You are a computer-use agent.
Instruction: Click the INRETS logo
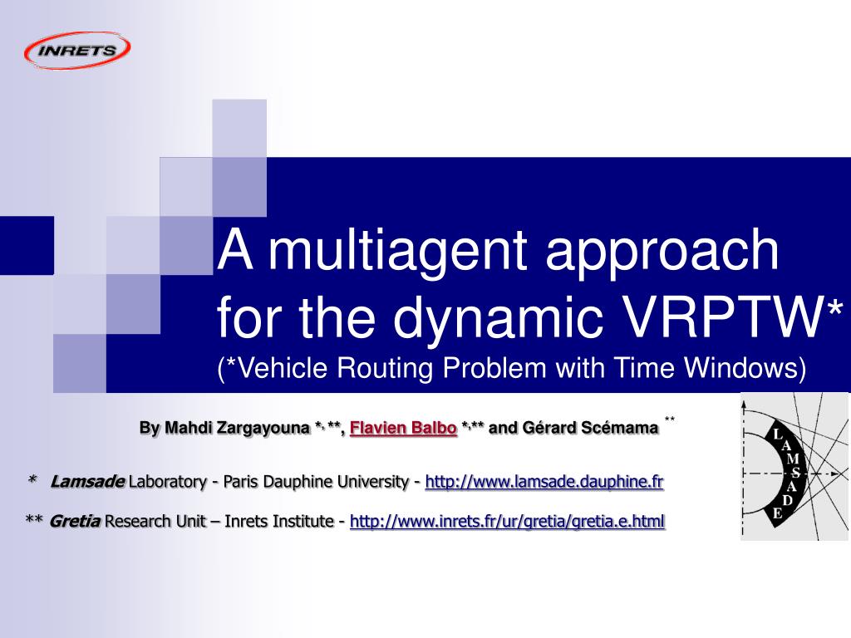click(77, 51)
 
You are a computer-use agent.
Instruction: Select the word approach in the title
click(662, 255)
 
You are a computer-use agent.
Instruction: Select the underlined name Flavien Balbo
click(403, 428)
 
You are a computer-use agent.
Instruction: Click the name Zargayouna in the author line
click(263, 428)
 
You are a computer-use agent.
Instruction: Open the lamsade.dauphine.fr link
click(544, 482)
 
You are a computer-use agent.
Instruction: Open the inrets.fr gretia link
click(508, 522)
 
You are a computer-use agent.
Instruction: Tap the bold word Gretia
click(75, 522)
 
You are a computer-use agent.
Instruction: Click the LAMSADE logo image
click(794, 467)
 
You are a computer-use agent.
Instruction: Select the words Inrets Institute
click(279, 522)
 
